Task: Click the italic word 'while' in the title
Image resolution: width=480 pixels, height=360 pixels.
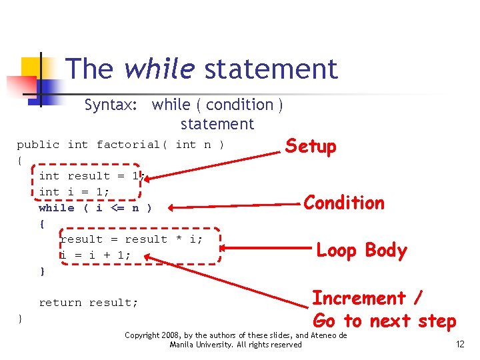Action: tap(159, 69)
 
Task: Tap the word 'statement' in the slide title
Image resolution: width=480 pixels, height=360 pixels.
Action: tap(271, 69)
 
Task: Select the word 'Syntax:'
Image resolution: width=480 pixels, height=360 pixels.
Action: tap(112, 105)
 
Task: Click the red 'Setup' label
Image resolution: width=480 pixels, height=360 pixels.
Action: tap(311, 146)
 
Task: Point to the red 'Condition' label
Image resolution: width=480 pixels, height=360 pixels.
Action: tap(344, 203)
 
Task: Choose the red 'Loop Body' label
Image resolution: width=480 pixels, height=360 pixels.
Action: tap(361, 250)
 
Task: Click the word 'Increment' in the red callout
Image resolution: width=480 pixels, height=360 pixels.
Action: tap(359, 297)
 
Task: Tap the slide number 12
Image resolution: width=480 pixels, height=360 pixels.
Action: tap(459, 344)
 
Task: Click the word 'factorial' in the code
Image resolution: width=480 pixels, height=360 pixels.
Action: tap(128, 145)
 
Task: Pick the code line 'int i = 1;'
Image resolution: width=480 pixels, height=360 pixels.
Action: tap(74, 192)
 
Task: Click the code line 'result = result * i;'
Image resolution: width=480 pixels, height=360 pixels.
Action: tap(131, 239)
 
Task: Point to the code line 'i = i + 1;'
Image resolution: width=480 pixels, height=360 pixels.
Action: tap(95, 255)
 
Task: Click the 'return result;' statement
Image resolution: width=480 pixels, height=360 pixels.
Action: tap(89, 303)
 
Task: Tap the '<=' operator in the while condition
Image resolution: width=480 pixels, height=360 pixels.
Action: tap(117, 208)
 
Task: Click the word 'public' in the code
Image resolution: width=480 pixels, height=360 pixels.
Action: tap(38, 145)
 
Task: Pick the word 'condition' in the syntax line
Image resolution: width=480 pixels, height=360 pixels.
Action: tap(239, 105)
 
